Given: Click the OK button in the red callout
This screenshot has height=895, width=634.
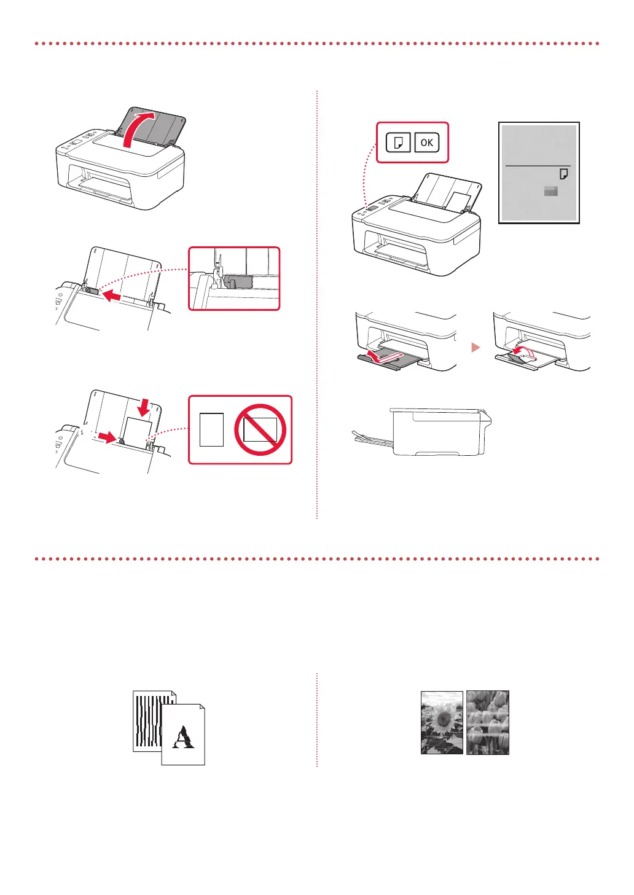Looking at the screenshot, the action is coord(426,143).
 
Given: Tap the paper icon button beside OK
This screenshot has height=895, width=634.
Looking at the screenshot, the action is coord(398,143).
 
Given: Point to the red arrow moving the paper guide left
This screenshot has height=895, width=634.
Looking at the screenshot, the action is coord(112,296).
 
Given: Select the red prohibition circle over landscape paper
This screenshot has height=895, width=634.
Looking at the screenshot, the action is coord(260,429).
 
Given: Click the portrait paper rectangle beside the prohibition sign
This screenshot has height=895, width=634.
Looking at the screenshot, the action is coord(212,429).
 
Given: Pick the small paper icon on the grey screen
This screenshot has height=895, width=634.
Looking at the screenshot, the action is coord(563,174).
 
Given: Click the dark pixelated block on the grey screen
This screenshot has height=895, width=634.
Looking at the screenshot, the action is coord(551,192).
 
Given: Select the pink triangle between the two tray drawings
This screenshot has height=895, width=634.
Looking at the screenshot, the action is coord(475,347).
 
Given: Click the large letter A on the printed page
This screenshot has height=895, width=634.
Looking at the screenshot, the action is coord(183,737).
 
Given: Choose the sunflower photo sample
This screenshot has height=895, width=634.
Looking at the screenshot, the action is coord(442,722).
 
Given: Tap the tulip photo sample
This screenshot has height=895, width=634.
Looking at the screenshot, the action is coord(488,722).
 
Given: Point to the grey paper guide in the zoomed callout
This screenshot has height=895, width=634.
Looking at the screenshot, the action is coord(239,281).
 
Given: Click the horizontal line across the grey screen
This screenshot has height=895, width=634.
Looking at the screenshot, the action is coord(538,166).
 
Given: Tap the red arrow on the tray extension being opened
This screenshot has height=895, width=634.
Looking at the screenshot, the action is coord(376,356).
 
